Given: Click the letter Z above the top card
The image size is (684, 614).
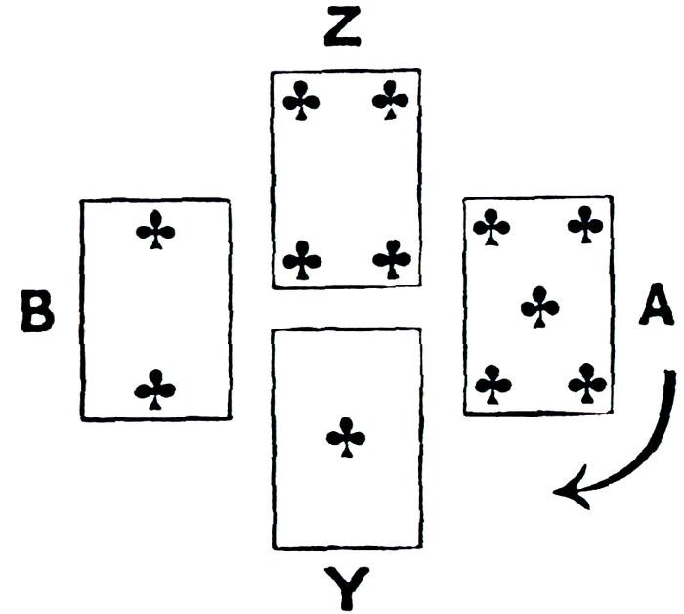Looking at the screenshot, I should click(x=344, y=29).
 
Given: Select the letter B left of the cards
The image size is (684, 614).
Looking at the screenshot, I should click(x=37, y=312).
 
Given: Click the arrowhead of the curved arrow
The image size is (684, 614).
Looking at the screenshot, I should click(x=567, y=492).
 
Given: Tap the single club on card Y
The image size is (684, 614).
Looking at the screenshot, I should click(x=345, y=436).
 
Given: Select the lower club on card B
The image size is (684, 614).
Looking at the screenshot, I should click(x=155, y=388).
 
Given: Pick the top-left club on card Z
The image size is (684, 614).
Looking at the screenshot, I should click(x=302, y=100).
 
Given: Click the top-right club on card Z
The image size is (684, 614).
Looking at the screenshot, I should click(x=391, y=100).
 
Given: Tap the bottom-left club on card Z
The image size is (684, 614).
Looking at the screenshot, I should click(x=302, y=259).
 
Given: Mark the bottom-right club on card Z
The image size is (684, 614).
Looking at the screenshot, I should click(x=392, y=259).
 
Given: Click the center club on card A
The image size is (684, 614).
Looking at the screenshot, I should click(x=539, y=307).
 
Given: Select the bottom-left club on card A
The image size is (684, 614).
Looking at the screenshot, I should click(x=493, y=382).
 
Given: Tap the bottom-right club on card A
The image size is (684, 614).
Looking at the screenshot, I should click(x=586, y=382).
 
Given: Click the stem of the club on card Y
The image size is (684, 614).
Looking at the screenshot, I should click(x=345, y=450).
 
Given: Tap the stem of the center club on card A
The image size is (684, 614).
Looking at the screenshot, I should click(x=539, y=321).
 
